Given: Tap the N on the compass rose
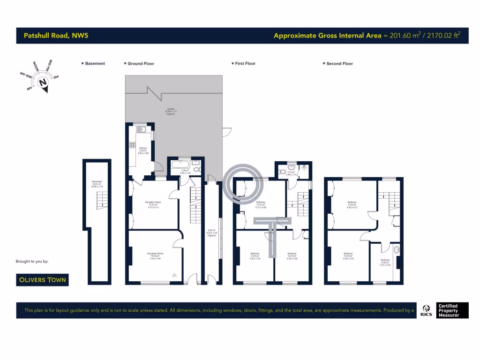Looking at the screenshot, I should tap(43, 83).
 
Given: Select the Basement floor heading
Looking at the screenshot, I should tap(95, 63).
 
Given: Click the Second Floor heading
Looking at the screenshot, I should tap(339, 63).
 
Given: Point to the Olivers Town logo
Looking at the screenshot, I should tap(42, 280).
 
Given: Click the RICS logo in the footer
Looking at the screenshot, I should tap(427, 310).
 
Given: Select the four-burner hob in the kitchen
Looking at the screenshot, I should tap(132, 145).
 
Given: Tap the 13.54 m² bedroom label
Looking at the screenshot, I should tap(255, 256).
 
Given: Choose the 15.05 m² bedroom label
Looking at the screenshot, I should tap(348, 256).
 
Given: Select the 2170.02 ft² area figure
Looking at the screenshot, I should tap(442, 36).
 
